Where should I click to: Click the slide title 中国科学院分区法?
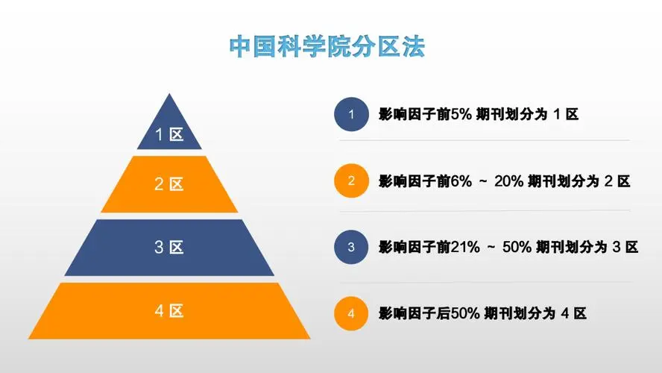(x=327, y=46)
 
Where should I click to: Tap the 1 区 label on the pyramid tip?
(x=169, y=135)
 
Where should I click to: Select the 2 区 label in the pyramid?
(x=169, y=184)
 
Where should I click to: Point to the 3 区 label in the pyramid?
(x=169, y=247)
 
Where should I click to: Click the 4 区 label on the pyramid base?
(x=169, y=311)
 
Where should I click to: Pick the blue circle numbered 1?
(x=351, y=114)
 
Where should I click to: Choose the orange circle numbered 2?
(x=351, y=181)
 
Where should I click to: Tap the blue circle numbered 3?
(x=351, y=247)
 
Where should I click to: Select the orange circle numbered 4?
(x=351, y=313)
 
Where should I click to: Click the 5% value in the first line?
(x=461, y=114)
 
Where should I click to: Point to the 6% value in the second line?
(x=461, y=181)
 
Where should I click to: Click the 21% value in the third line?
(x=465, y=247)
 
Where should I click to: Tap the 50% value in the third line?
(x=517, y=247)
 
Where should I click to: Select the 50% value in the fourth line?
(x=465, y=313)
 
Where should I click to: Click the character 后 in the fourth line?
(x=444, y=313)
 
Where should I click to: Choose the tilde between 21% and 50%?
(x=491, y=248)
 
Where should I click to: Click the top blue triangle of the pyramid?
(x=169, y=127)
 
